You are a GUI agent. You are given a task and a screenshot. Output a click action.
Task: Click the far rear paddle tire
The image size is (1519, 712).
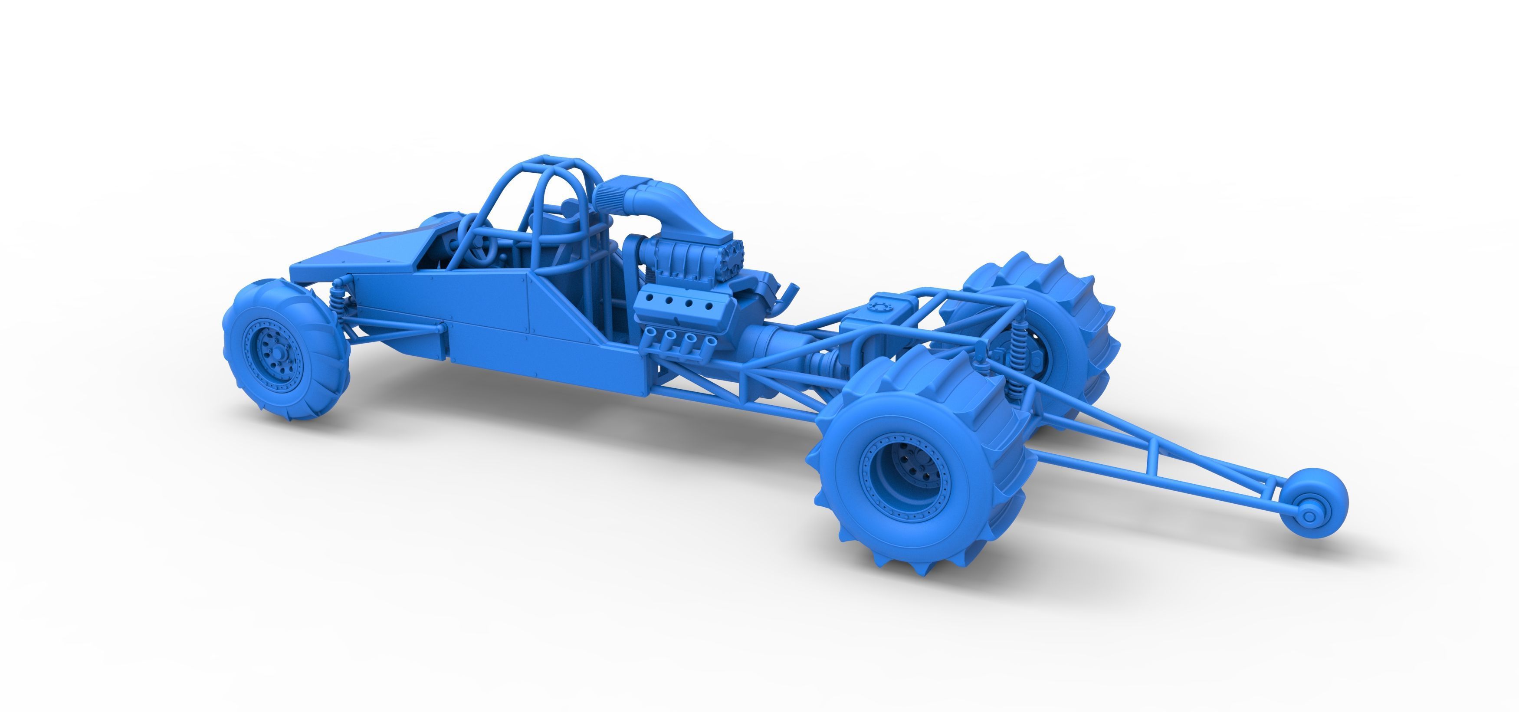[1056, 318]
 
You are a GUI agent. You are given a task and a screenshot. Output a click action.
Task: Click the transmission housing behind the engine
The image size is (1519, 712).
[767, 346]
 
